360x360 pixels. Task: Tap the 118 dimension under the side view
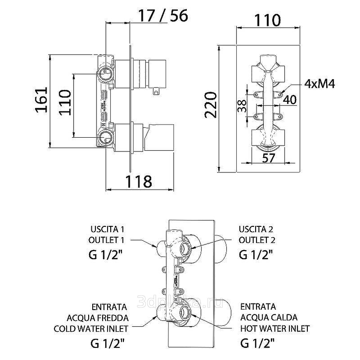(138, 182)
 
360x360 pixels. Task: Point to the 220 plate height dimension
(211, 104)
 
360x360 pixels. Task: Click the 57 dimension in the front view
(269, 158)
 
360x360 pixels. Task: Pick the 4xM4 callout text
(319, 84)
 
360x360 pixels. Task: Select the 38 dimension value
(242, 106)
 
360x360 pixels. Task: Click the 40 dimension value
(290, 100)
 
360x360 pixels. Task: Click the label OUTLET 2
(257, 240)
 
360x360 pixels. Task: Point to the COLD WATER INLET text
(91, 328)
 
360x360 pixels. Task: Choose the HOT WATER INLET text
(275, 328)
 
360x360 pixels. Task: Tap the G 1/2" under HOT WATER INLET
(257, 344)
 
